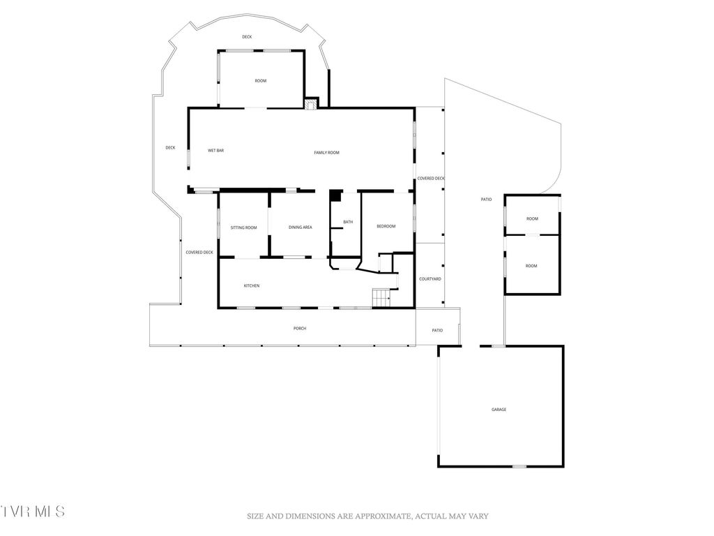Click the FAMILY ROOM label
click(x=326, y=152)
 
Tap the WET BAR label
click(x=215, y=151)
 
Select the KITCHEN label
click(x=252, y=285)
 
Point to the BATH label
click(x=348, y=222)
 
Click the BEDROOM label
click(x=386, y=226)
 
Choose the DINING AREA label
click(x=300, y=228)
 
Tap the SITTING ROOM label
click(x=243, y=228)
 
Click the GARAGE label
click(x=499, y=409)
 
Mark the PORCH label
click(x=300, y=328)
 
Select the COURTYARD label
click(x=430, y=279)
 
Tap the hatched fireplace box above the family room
click(x=310, y=103)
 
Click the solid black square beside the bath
click(x=335, y=196)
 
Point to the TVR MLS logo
click(x=33, y=511)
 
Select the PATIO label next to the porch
click(x=437, y=330)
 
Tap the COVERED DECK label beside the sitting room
click(x=199, y=252)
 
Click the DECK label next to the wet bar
click(x=170, y=147)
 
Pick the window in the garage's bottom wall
click(x=519, y=466)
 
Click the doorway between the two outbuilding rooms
click(x=532, y=235)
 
